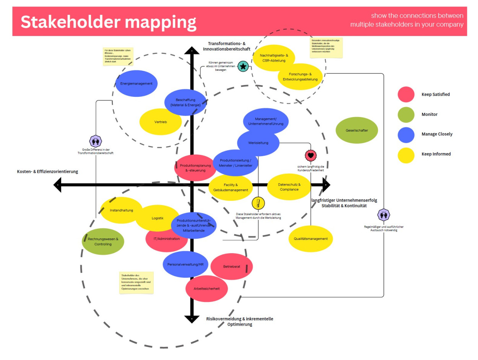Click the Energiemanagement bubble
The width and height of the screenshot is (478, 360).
[136, 83]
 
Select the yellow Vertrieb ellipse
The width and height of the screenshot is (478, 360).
[160, 122]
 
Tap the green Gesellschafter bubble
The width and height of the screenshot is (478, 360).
[356, 130]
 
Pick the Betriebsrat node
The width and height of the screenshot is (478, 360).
[231, 267]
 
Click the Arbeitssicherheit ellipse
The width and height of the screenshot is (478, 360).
[206, 288]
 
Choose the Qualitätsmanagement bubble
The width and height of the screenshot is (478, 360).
[311, 239]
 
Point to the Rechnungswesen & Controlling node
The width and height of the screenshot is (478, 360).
[103, 241]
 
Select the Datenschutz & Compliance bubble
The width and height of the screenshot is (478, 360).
[289, 187]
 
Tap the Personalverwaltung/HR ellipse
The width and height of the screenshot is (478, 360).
[185, 264]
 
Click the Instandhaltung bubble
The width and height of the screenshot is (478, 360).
[121, 210]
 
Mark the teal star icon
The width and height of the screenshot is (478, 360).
[243, 66]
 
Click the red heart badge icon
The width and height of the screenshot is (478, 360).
[311, 155]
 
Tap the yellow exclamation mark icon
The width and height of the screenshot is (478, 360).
[258, 203]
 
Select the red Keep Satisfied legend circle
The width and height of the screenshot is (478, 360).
[406, 94]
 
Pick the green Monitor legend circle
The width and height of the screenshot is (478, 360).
[406, 114]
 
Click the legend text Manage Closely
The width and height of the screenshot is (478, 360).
[437, 134]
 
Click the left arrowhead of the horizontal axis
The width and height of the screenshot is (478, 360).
[58, 185]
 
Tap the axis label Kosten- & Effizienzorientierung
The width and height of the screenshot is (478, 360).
[47, 172]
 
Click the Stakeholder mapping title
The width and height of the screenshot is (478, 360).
[108, 22]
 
